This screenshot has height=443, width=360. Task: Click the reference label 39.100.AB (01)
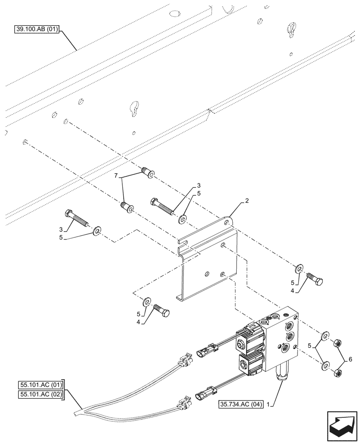coord(34,30)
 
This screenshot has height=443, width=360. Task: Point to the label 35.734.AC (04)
coord(241,404)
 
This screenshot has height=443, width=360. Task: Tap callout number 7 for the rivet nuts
coord(116,176)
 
